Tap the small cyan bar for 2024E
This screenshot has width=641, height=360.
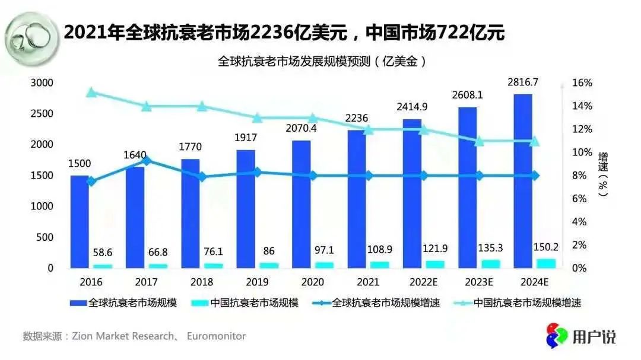(x=546, y=263)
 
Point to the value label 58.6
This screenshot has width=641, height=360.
(x=103, y=252)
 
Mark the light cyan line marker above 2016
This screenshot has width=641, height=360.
(x=91, y=93)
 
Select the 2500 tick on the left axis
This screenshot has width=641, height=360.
(x=42, y=114)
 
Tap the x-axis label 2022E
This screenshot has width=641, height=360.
(x=424, y=281)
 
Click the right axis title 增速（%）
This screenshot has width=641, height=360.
(x=603, y=174)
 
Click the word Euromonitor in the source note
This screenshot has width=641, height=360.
(x=216, y=336)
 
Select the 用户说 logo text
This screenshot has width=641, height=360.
(x=594, y=337)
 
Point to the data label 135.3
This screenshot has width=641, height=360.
(x=491, y=247)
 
